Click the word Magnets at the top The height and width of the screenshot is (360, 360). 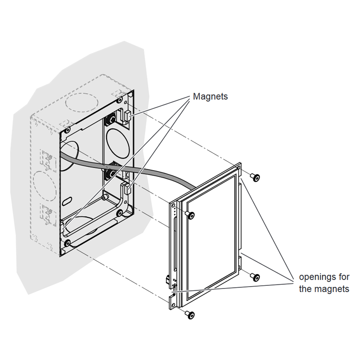pos(210,96)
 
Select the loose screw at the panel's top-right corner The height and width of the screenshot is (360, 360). pos(255,177)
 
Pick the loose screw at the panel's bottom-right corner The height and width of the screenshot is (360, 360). pos(255,277)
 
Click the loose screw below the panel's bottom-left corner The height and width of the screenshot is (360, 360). pos(189,315)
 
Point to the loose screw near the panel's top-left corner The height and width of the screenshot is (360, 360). pos(189,215)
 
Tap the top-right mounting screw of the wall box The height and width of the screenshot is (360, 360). pos(120,100)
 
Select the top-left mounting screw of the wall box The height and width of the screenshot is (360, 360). pos(67,130)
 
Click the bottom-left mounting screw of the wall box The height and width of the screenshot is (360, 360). pos(67,243)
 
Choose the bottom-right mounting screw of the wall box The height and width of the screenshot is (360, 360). pos(119,213)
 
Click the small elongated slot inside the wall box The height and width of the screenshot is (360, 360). pos(67,201)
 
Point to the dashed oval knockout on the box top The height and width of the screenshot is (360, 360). pos(82,103)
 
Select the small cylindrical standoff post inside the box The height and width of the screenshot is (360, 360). pos(105,198)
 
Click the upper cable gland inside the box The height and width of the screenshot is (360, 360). pos(111,120)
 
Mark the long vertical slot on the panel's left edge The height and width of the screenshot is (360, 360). pos(175,244)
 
